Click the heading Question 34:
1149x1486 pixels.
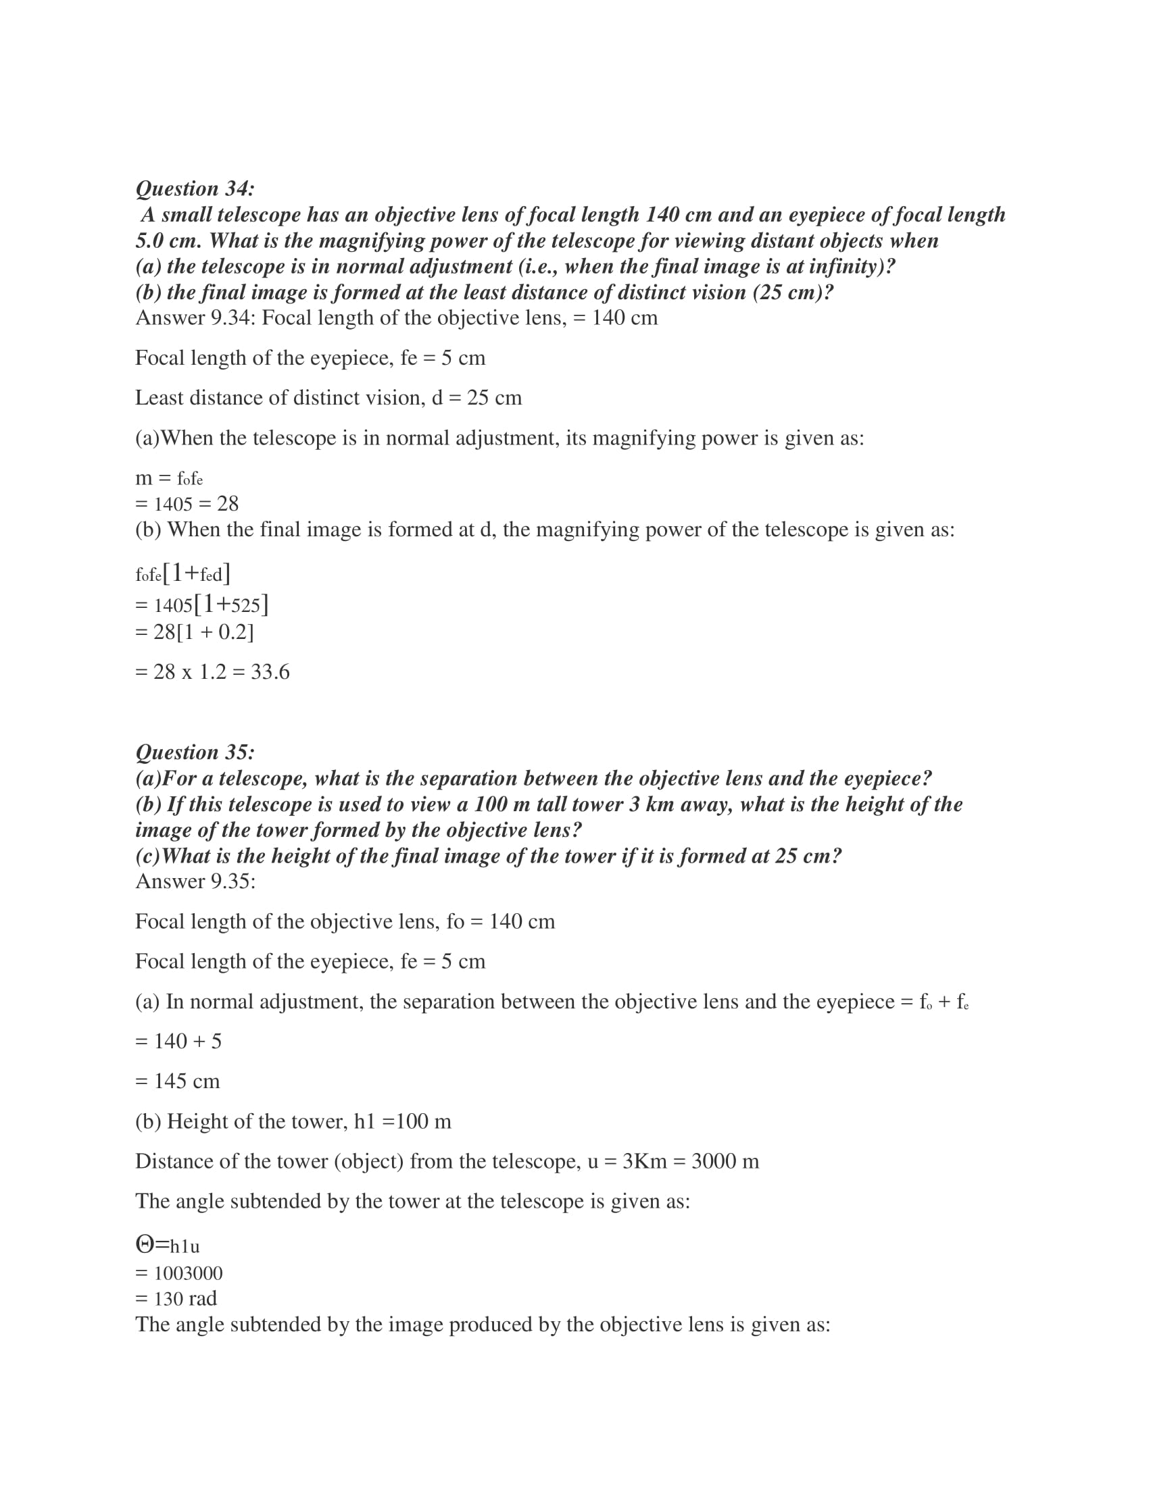(195, 188)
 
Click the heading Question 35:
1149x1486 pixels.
(195, 752)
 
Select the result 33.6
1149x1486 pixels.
(270, 672)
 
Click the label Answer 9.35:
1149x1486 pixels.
(195, 881)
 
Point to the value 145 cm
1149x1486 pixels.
(187, 1081)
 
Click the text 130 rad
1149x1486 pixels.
(185, 1299)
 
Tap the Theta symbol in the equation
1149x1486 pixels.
(145, 1245)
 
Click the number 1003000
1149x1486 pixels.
(188, 1273)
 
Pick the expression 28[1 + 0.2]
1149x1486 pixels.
(203, 632)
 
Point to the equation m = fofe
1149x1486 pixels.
(169, 478)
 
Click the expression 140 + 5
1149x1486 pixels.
(187, 1041)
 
